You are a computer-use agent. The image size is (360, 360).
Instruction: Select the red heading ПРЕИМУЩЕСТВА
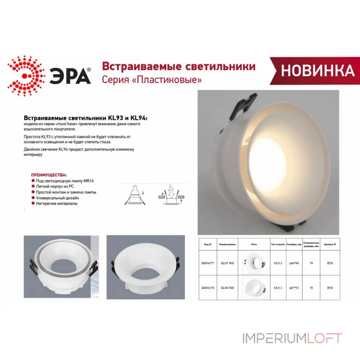(x=49, y=174)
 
